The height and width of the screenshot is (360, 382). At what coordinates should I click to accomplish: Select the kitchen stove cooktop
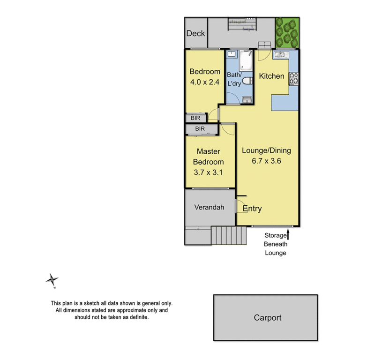click(294, 79)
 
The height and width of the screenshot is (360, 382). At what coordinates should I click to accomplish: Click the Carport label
click(268, 317)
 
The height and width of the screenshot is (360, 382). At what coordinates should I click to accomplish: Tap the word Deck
click(195, 33)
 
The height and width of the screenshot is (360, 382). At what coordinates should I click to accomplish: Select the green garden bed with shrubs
click(286, 32)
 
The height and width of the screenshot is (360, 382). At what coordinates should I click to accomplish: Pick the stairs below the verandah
click(228, 235)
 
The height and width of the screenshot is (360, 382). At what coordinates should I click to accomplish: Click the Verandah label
click(209, 207)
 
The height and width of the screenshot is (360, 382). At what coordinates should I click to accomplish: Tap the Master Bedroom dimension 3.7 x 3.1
click(209, 172)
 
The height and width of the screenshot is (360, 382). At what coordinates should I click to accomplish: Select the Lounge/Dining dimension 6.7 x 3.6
click(266, 161)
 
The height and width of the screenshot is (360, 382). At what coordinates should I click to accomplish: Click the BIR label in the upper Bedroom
click(195, 118)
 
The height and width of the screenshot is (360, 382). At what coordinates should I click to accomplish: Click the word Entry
click(252, 209)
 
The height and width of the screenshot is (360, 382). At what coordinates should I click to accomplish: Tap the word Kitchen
click(271, 76)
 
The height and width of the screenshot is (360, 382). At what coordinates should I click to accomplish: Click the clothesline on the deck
click(242, 23)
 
